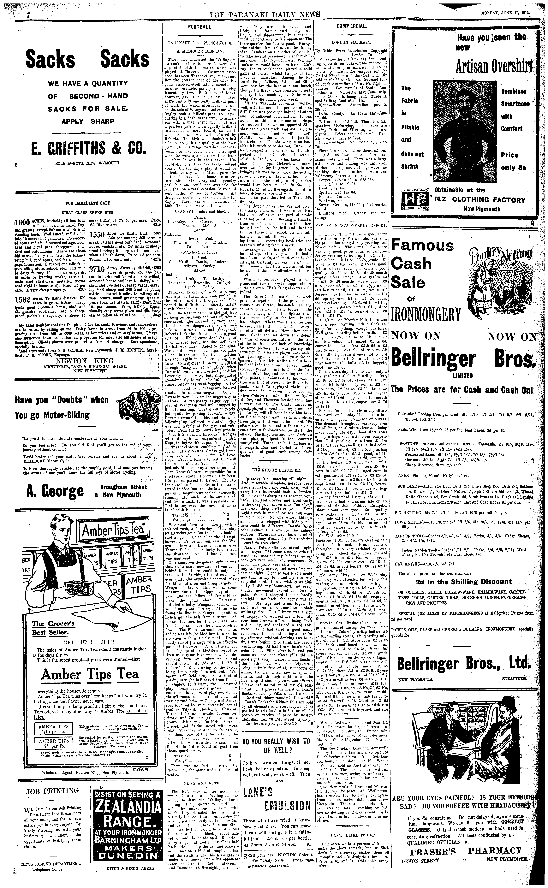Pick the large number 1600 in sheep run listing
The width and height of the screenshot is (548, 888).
tap(22, 222)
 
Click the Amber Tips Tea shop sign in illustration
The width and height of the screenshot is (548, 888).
tap(115, 531)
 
